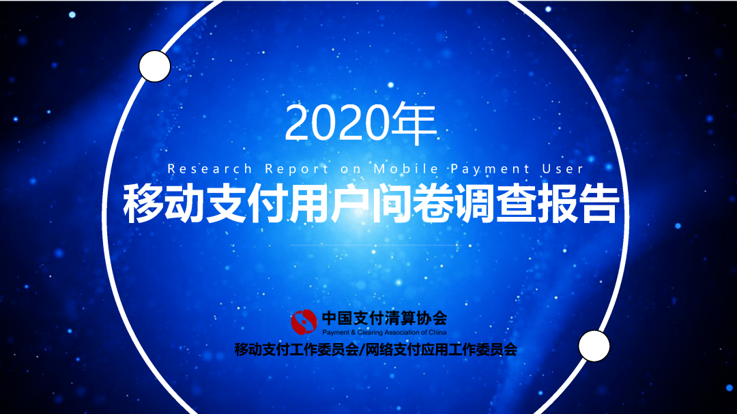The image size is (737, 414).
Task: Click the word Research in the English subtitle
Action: [x=209, y=168]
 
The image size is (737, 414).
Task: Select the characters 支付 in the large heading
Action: [x=245, y=203]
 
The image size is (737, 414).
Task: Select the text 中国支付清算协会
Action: [x=384, y=317]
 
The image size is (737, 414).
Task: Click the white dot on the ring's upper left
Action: [x=154, y=66]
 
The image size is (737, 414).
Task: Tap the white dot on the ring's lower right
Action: [x=594, y=346]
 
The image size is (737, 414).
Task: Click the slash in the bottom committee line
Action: [x=362, y=351]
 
